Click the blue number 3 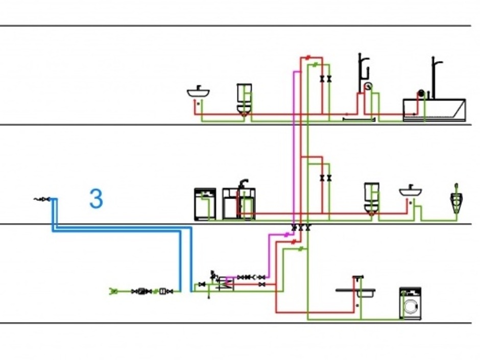[x=96, y=199]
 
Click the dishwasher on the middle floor [x=205, y=204]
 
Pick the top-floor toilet [x=244, y=99]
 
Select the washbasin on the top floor [x=198, y=93]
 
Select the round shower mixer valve [x=368, y=86]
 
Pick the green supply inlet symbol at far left [x=114, y=291]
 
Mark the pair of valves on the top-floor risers [x=326, y=79]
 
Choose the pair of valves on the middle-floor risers [x=326, y=178]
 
